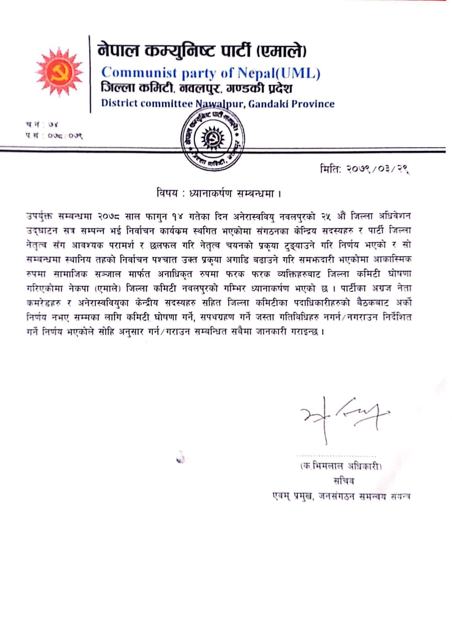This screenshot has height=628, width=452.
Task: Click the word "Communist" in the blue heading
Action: click(x=136, y=73)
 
